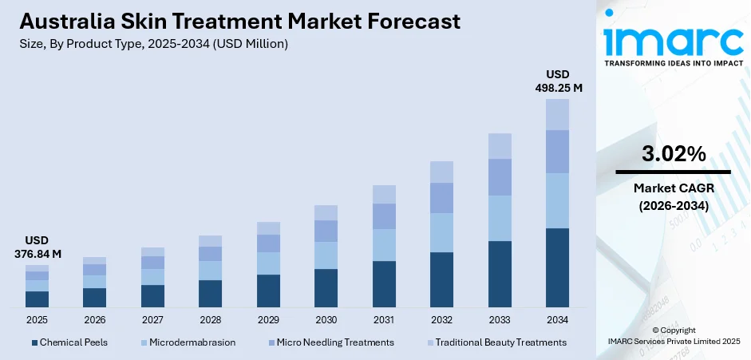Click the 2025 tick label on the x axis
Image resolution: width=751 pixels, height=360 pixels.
pyautogui.click(x=37, y=319)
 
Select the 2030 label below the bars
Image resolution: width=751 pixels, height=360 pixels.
pyautogui.click(x=326, y=319)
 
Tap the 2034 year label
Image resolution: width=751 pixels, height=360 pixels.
pyautogui.click(x=557, y=319)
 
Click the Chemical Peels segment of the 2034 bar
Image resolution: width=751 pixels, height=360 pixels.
pyautogui.click(x=557, y=267)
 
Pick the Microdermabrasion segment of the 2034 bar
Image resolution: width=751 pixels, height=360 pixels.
pyautogui.click(x=557, y=200)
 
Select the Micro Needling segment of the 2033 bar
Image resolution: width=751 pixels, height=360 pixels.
pyautogui.click(x=500, y=176)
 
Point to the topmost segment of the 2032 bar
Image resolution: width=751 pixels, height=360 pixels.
pyautogui.click(x=441, y=172)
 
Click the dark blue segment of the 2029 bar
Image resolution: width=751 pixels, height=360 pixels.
pyautogui.click(x=268, y=291)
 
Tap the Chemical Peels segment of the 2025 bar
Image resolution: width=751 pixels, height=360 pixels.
pyautogui.click(x=37, y=299)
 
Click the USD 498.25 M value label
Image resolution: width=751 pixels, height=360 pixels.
pyautogui.click(x=557, y=81)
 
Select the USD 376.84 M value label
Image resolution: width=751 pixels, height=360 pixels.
pyautogui.click(x=37, y=247)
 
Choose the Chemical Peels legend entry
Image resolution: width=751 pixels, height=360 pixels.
pyautogui.click(x=69, y=342)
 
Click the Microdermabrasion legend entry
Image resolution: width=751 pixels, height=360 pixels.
pyautogui.click(x=188, y=342)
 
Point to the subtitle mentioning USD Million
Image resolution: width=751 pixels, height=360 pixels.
pyautogui.click(x=152, y=44)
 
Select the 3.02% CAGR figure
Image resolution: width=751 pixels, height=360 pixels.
pyautogui.click(x=673, y=154)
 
